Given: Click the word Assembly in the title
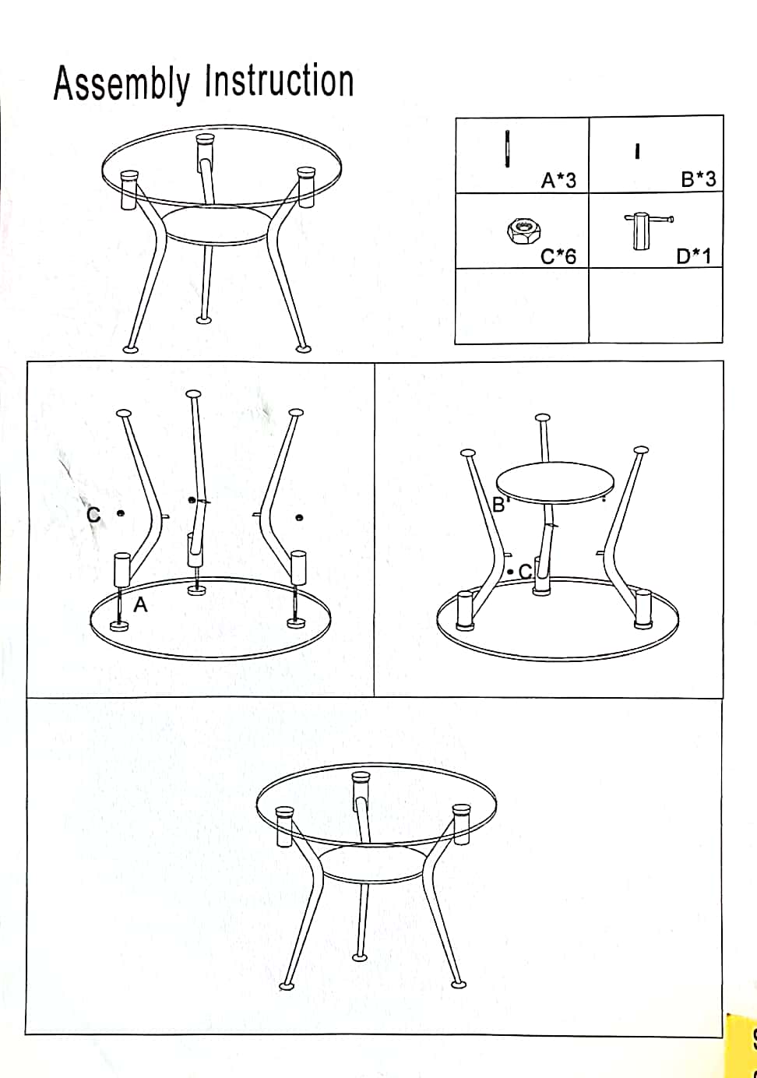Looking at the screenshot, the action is [x=121, y=83].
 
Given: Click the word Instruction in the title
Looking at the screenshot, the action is [x=280, y=81].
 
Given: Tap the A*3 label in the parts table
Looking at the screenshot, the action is [x=558, y=181].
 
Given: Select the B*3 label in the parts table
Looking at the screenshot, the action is [x=699, y=179].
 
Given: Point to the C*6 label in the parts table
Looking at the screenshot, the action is [x=558, y=256].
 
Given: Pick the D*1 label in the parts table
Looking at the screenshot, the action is [x=693, y=256].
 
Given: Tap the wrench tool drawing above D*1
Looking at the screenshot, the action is [x=647, y=231].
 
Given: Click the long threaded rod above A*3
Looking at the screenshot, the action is [x=507, y=150].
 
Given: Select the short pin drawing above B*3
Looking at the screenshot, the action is [x=637, y=152].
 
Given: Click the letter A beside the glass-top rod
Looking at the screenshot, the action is [x=140, y=604].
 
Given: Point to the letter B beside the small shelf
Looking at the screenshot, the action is [x=498, y=504].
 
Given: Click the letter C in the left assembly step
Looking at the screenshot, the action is [x=93, y=515].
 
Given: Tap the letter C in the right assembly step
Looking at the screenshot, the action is [x=526, y=571].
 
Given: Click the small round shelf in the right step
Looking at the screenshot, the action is [x=555, y=483].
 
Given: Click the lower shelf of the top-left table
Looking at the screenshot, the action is [x=217, y=225].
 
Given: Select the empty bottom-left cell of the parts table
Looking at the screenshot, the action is [x=522, y=305].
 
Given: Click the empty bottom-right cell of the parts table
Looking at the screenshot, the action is [x=656, y=305].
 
